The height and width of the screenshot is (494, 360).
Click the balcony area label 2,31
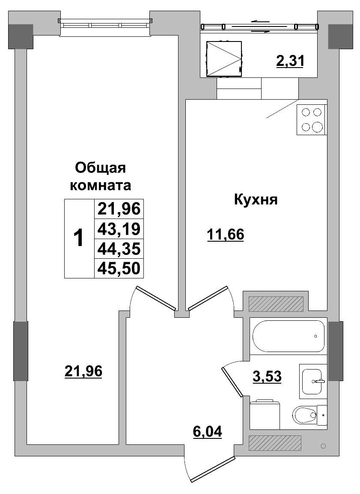[x=290, y=62]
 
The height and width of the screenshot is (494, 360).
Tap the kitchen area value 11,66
[x=225, y=234]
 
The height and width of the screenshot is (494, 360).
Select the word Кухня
[x=256, y=199]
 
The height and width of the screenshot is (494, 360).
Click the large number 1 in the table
[x=79, y=238]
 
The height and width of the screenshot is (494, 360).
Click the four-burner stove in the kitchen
[x=311, y=120]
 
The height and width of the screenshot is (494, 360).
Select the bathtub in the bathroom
[x=289, y=336]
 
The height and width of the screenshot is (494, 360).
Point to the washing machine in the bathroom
[x=265, y=414]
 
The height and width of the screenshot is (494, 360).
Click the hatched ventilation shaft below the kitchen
[x=276, y=304]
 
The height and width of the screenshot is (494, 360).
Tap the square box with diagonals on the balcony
[x=224, y=59]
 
